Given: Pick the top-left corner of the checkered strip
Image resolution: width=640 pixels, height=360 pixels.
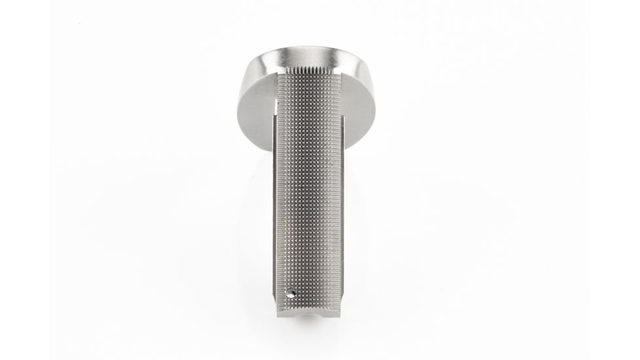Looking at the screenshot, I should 277,71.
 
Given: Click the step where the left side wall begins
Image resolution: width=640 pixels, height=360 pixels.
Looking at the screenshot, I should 272,117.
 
